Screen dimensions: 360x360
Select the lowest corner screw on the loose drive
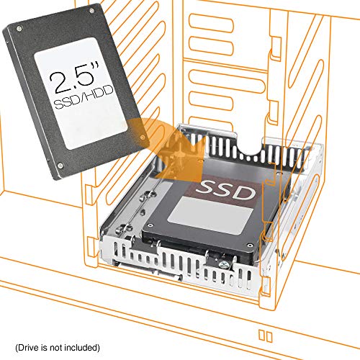click(x=59, y=166)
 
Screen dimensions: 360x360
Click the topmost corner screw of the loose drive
click(x=95, y=12)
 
